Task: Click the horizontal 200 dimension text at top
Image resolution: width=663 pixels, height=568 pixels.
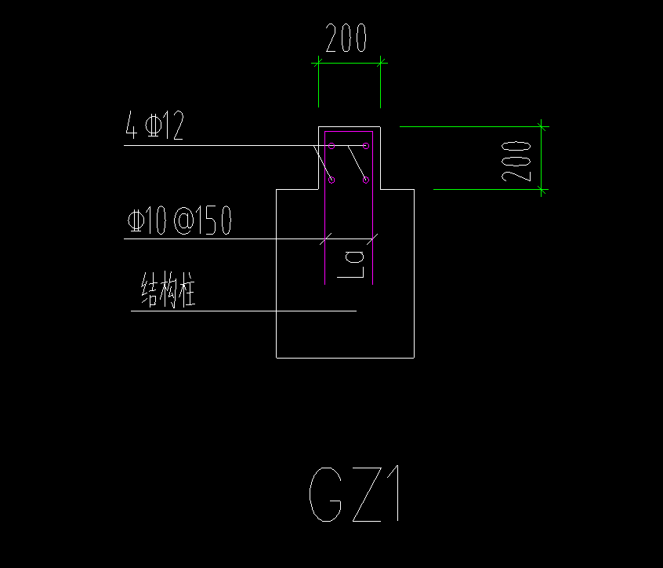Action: click(346, 38)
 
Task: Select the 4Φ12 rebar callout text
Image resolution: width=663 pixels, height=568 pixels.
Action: click(154, 126)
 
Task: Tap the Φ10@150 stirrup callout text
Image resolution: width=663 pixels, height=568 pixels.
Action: click(179, 221)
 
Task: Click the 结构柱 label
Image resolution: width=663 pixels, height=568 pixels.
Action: click(167, 290)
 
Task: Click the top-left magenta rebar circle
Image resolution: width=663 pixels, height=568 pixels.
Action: click(331, 146)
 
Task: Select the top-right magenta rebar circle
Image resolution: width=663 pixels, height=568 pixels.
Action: click(366, 146)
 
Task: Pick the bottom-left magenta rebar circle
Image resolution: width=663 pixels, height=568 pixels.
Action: click(331, 180)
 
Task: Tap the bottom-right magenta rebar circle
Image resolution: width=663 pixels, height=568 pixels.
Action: click(366, 180)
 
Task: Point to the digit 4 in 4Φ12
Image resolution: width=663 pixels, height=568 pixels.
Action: click(131, 126)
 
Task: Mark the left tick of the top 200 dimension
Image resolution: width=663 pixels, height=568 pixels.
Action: click(318, 63)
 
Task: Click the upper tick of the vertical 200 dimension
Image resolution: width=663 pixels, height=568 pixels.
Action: click(542, 126)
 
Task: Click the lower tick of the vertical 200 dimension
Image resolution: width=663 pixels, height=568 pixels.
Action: click(542, 189)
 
